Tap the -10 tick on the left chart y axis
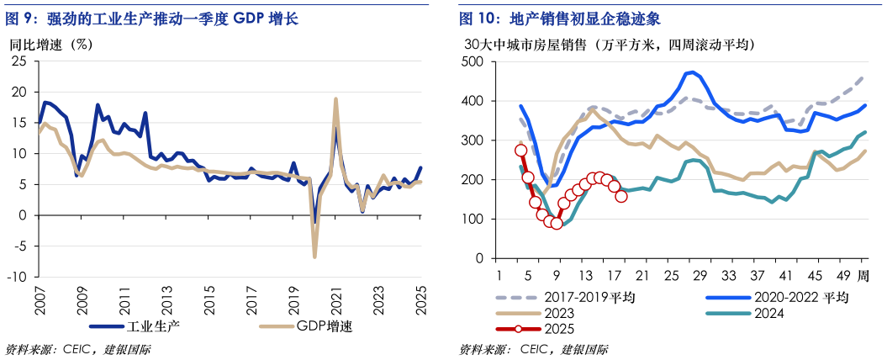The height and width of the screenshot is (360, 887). coord(19,277)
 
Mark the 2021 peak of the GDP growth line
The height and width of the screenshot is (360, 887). coord(335,99)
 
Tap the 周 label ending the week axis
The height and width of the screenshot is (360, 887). coord(863,277)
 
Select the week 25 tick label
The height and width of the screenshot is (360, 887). coord(671,277)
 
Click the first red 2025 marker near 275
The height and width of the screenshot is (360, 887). coord(520,151)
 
